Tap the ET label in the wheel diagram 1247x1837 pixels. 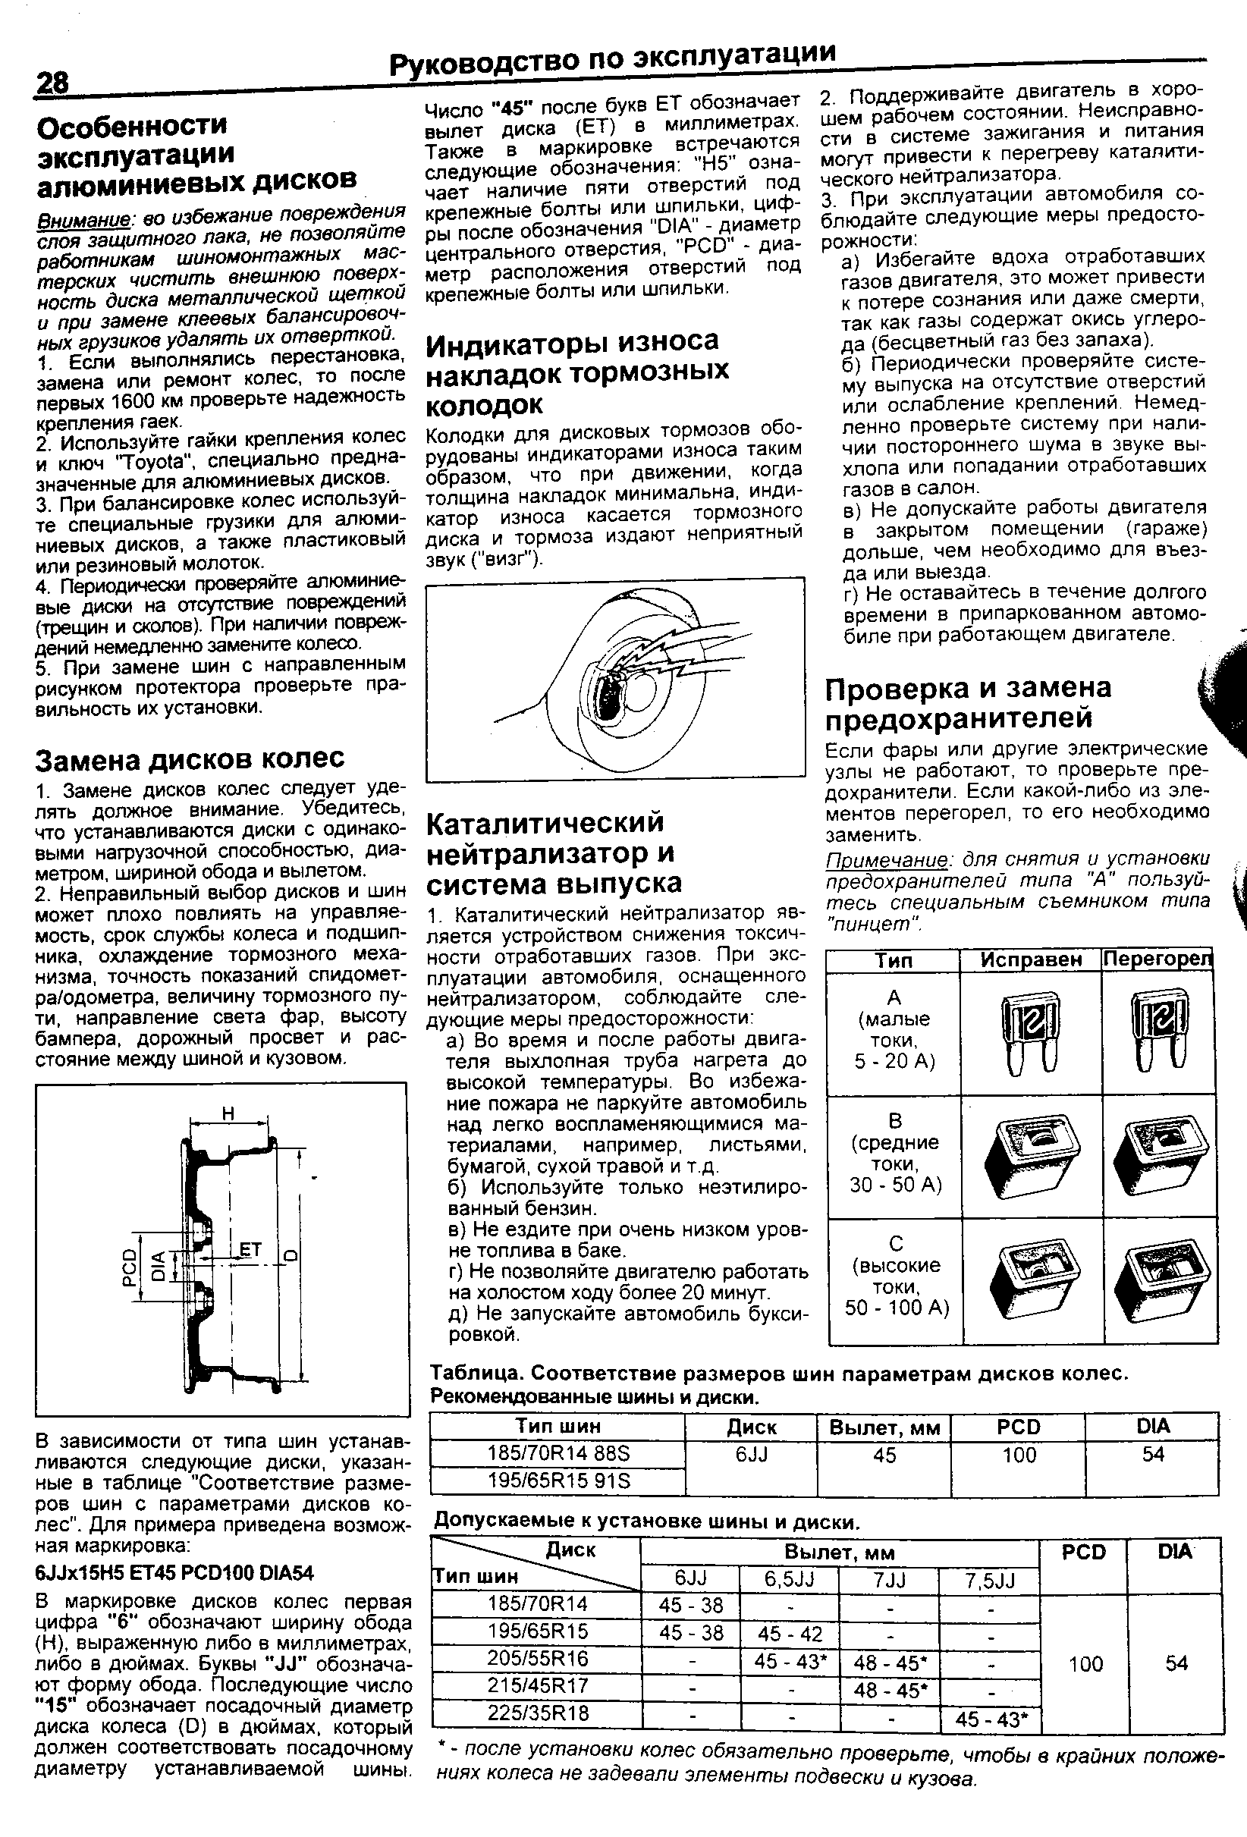[x=250, y=1250]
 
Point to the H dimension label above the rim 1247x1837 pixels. [x=228, y=1113]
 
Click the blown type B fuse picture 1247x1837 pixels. [x=1159, y=1156]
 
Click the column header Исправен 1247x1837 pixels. [x=1030, y=959]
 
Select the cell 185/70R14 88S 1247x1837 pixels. [x=558, y=1454]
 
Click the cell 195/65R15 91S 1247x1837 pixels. [x=558, y=1481]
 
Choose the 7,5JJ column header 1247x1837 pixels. [x=989, y=1581]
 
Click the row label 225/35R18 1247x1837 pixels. [x=539, y=1714]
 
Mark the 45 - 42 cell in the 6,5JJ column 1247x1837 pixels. [x=788, y=1633]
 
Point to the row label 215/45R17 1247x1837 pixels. [x=539, y=1687]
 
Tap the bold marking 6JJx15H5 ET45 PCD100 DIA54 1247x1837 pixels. [x=174, y=1573]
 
